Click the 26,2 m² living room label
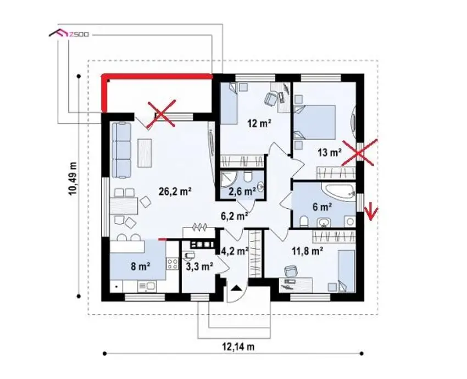tap(175, 192)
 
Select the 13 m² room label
tap(329, 153)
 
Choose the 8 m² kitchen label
tap(140, 266)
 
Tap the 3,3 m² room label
tap(199, 266)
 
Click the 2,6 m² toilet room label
tap(242, 191)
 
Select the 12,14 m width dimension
tap(238, 347)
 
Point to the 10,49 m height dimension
tap(73, 179)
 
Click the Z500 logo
tap(69, 34)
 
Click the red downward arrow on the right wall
tap(371, 212)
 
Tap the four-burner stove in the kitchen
tap(172, 264)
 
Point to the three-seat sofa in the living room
tap(121, 151)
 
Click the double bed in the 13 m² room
tap(314, 122)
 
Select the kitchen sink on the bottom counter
tap(147, 286)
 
